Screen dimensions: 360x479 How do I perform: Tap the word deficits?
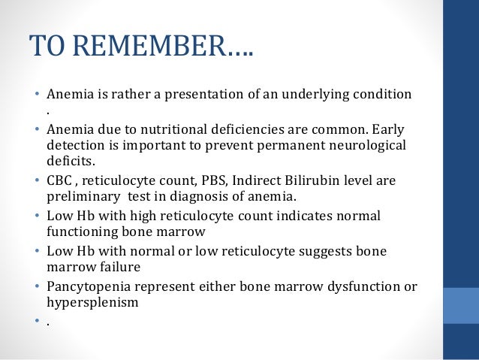(x=68, y=159)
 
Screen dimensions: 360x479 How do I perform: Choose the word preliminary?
(x=79, y=197)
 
